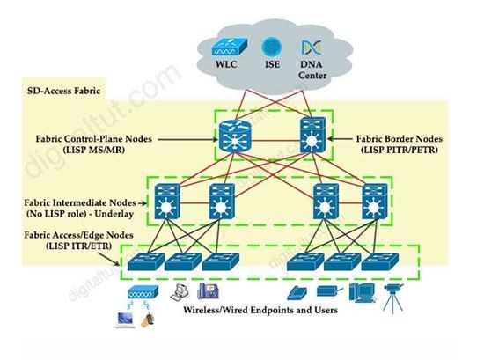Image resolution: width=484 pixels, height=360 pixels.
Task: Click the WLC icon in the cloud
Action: [230, 47]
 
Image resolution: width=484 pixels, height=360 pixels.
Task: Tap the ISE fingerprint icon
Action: [272, 47]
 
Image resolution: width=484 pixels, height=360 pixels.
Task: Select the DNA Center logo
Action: [312, 48]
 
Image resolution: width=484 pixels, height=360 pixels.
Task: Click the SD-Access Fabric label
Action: [64, 91]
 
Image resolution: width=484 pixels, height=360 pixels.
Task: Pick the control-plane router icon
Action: [235, 136]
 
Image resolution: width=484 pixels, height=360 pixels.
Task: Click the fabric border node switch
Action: [312, 135]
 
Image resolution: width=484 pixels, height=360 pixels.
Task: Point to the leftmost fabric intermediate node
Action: [167, 202]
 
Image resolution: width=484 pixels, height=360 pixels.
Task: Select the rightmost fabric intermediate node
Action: [375, 202]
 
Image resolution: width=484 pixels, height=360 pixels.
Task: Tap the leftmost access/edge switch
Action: [146, 261]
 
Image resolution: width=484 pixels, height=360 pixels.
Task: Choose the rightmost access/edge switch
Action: [379, 261]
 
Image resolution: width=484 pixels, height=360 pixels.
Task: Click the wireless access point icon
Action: [143, 292]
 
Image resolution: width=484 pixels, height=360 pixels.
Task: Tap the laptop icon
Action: [125, 320]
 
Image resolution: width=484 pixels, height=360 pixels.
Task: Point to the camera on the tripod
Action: [393, 298]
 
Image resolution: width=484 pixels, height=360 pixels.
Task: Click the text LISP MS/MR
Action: [94, 151]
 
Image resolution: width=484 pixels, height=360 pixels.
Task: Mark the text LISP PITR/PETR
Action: [400, 151]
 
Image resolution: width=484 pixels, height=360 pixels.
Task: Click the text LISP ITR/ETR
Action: [78, 246]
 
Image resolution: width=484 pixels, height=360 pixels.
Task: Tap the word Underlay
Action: [114, 214]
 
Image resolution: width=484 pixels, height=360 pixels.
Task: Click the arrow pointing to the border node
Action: [340, 139]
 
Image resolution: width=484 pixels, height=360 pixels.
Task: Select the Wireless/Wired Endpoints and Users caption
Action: [260, 310]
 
